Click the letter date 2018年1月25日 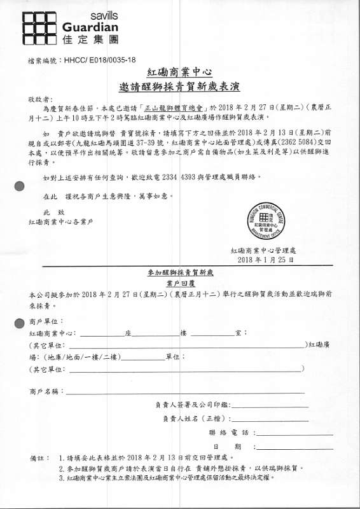point(265,260)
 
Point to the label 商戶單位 point(46,322)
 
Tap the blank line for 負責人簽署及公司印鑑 point(270,405)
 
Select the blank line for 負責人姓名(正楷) point(270,419)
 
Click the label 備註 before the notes point(38,458)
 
